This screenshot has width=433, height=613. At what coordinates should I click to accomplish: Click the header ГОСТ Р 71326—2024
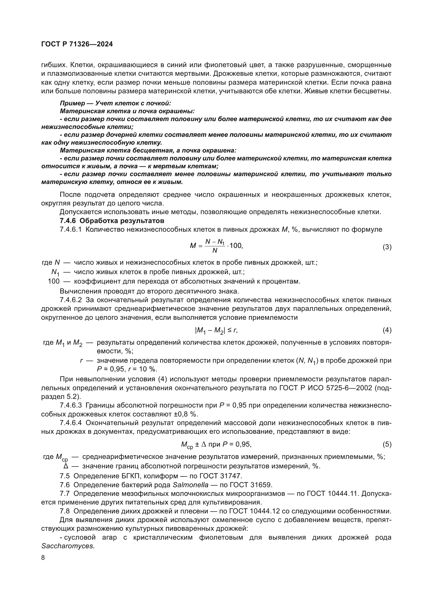point(77,44)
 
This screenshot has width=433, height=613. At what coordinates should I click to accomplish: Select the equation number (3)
point(387,247)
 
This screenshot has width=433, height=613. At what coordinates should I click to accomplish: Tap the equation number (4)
point(387,330)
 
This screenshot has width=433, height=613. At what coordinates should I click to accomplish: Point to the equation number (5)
point(387,444)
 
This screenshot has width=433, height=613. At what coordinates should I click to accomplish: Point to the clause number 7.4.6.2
point(71,300)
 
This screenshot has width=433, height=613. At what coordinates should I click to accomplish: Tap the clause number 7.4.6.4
point(71,423)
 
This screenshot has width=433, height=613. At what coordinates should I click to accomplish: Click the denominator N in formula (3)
point(215,251)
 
